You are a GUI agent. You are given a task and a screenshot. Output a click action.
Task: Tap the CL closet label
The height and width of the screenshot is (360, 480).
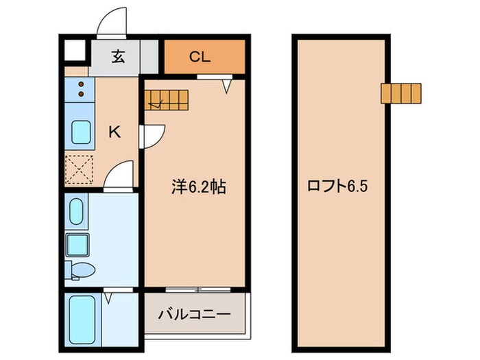pyautogui.click(x=200, y=57)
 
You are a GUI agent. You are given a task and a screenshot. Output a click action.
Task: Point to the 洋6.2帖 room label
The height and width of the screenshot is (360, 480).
pyautogui.click(x=198, y=187)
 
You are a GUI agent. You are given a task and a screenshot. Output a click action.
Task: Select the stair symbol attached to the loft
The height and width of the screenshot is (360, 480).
pyautogui.click(x=401, y=93)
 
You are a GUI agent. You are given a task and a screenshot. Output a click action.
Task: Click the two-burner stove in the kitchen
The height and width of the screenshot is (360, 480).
pyautogui.click(x=82, y=91)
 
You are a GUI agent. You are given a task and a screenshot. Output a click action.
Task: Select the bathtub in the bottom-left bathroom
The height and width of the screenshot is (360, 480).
pyautogui.click(x=81, y=320)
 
